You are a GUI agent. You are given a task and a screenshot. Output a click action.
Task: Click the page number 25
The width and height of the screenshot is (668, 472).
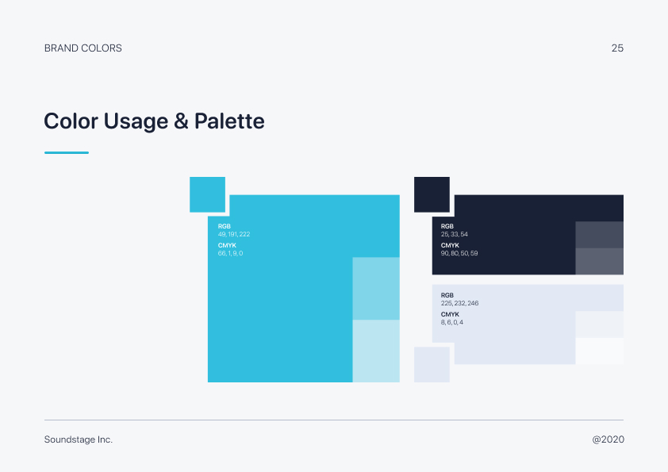click(617, 48)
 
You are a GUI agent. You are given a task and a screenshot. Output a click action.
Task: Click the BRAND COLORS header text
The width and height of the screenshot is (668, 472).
click(83, 48)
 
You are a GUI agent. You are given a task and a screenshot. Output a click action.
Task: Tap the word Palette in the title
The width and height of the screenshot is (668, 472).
click(229, 121)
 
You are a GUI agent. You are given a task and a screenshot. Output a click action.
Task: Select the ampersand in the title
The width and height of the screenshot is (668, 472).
click(181, 121)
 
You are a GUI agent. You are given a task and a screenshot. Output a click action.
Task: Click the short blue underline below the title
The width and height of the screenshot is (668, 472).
click(67, 152)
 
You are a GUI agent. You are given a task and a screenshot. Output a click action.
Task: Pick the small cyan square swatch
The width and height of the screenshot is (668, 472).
click(208, 194)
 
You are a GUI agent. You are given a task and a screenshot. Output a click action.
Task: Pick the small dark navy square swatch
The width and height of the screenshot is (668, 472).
click(432, 194)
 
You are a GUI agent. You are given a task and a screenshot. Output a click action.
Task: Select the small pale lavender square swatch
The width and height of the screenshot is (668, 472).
click(432, 364)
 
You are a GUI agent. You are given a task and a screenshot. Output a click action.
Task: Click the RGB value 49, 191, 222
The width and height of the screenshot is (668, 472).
click(234, 234)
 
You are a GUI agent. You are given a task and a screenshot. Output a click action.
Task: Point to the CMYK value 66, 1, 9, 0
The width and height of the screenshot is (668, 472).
click(231, 254)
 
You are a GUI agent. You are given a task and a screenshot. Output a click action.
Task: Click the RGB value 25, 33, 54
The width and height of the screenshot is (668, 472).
click(454, 234)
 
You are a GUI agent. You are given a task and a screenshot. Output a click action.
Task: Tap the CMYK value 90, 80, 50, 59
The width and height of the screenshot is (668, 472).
click(459, 254)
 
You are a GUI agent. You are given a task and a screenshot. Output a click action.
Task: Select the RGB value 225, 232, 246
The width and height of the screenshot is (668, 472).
click(459, 303)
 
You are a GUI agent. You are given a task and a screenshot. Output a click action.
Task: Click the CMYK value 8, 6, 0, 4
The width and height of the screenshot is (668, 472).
click(452, 323)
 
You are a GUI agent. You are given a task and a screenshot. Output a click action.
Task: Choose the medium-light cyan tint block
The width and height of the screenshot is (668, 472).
click(376, 289)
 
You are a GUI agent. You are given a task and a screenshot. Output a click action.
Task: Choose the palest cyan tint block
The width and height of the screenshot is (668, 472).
click(376, 351)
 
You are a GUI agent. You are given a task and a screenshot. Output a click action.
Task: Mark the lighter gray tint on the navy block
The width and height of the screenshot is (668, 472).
click(600, 262)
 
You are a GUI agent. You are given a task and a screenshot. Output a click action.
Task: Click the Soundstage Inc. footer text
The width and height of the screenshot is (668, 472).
click(79, 439)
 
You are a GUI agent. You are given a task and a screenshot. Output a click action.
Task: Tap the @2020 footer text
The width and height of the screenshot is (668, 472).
click(608, 439)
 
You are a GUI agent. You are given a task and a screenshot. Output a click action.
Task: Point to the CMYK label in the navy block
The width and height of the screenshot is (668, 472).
click(450, 245)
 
